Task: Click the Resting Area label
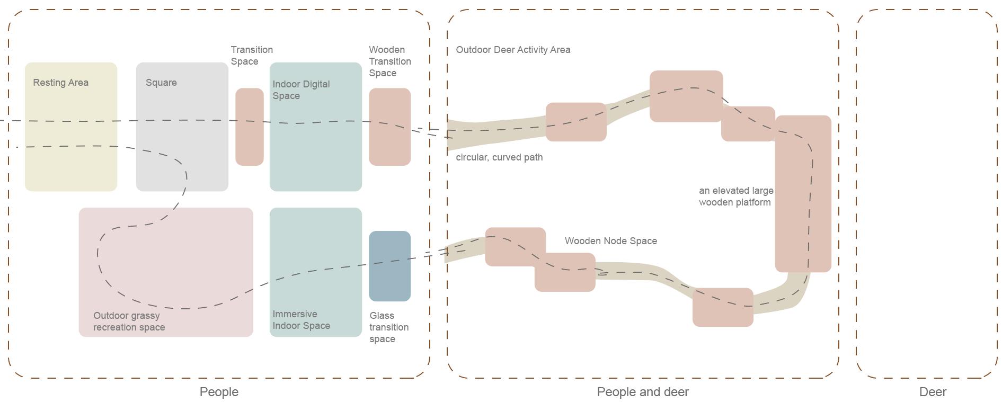tap(60, 83)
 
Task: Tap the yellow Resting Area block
tap(70, 154)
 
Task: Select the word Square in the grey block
tap(161, 83)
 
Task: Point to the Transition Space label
tap(252, 56)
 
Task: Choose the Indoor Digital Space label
tap(301, 90)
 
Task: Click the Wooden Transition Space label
tap(389, 61)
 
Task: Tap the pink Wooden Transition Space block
tap(389, 143)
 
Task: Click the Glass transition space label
tap(388, 327)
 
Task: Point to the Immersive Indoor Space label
tap(301, 320)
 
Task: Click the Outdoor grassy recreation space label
tap(129, 321)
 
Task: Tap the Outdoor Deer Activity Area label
tap(513, 50)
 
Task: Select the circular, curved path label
tap(499, 157)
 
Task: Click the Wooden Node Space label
tap(610, 241)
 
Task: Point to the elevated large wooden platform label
tap(735, 196)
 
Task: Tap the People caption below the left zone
tap(219, 392)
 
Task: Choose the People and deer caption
tap(643, 392)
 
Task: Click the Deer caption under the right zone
tap(933, 392)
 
